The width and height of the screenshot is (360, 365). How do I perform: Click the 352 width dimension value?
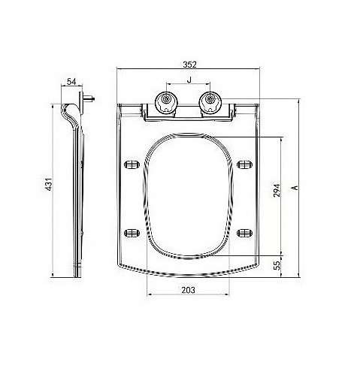pos(189,65)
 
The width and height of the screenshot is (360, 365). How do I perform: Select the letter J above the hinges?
pos(188,80)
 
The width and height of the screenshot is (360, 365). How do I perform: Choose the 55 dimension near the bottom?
pos(277,265)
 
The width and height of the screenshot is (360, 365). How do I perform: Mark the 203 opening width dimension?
pos(189,288)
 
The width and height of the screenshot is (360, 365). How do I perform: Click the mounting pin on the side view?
pos(91,98)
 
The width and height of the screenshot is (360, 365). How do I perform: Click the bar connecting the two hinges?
pos(188,110)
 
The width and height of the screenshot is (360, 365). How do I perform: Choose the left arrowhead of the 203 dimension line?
pos(150,294)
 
